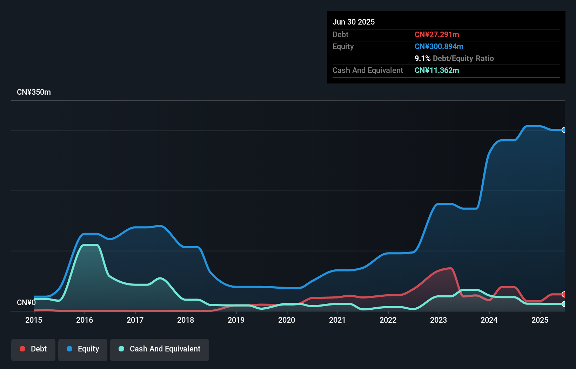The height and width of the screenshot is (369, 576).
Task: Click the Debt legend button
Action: click(x=33, y=349)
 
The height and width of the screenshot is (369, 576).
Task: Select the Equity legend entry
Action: click(x=83, y=349)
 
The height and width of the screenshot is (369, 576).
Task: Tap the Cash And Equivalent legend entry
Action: click(x=160, y=349)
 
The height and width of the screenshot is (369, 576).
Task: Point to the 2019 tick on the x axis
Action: click(x=236, y=320)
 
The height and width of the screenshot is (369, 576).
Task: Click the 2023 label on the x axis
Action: click(x=438, y=320)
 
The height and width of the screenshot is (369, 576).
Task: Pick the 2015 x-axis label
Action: click(x=34, y=320)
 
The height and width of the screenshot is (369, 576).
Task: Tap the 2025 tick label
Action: click(x=540, y=320)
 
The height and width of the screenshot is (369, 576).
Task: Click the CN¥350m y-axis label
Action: click(x=34, y=92)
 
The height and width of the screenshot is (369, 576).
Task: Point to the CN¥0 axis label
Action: click(x=26, y=302)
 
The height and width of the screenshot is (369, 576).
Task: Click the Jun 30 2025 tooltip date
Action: click(x=354, y=22)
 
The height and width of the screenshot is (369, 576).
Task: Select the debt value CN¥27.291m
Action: click(x=437, y=34)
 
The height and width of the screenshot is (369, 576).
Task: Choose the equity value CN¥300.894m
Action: click(x=439, y=46)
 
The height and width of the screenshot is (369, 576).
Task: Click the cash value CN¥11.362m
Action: click(x=437, y=70)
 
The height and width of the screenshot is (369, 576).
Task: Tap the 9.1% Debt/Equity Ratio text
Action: click(x=454, y=58)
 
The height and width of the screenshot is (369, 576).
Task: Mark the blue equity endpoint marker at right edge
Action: click(x=564, y=130)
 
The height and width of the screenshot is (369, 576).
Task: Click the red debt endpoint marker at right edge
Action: click(x=564, y=294)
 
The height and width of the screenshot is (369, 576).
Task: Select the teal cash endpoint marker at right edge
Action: click(x=564, y=304)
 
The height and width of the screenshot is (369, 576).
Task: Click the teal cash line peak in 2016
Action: click(x=90, y=245)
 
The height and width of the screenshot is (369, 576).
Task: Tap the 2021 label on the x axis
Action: click(x=337, y=320)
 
